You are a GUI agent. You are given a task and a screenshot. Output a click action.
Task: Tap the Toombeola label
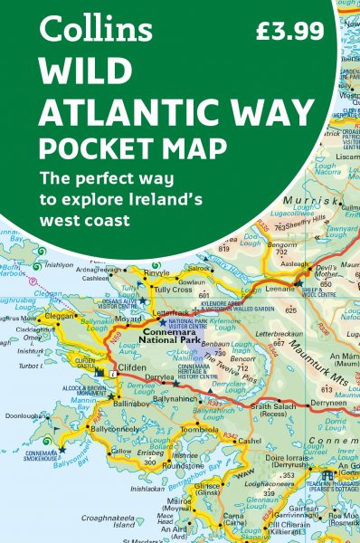tap(199, 428)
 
